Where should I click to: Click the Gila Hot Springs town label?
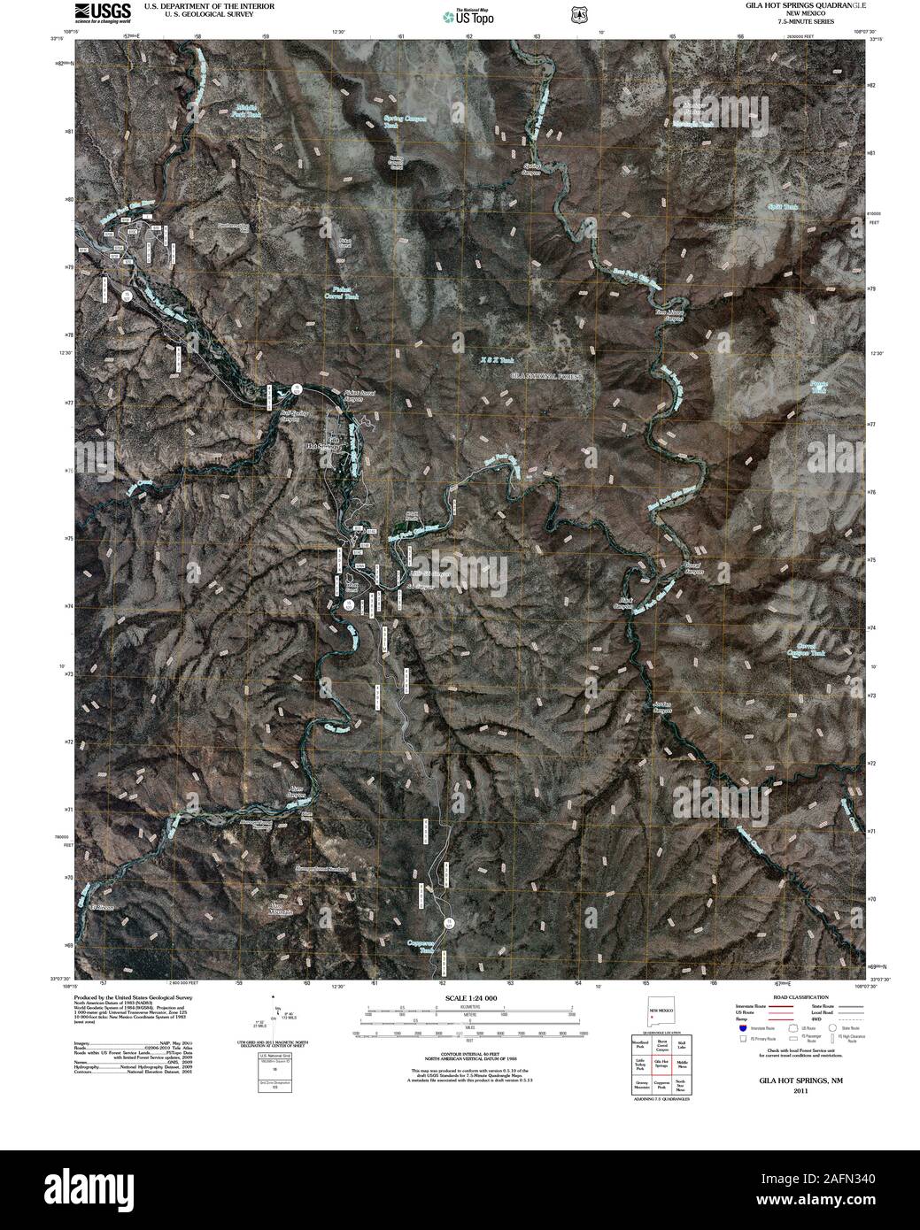[x=323, y=443]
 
